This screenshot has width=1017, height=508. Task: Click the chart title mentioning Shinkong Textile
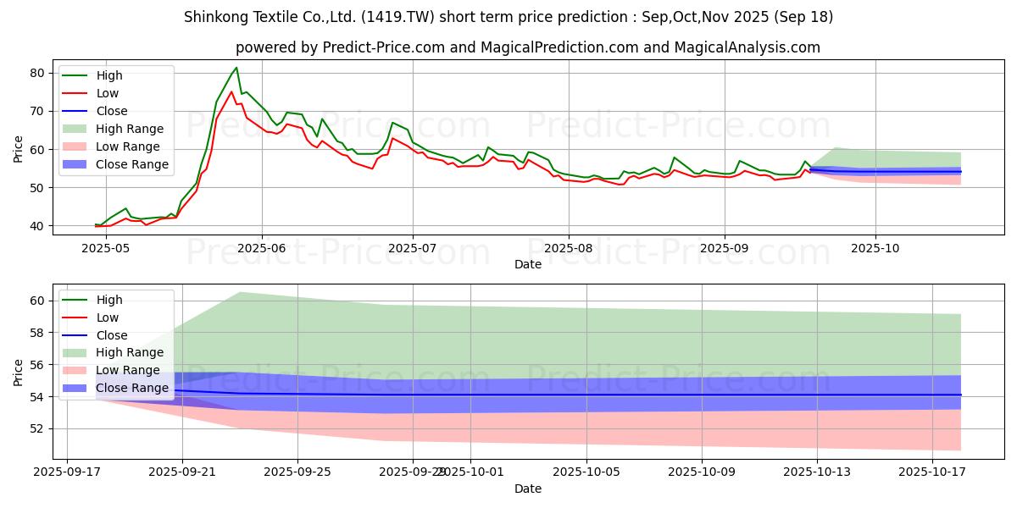508,17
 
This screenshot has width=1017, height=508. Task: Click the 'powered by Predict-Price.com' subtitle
508,47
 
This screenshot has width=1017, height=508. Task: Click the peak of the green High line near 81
236,68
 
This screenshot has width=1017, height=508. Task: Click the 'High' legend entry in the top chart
109,75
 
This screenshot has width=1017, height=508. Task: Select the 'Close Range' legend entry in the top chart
132,164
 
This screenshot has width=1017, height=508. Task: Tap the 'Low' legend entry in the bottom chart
108,317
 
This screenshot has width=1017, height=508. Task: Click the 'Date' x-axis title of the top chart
528,264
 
